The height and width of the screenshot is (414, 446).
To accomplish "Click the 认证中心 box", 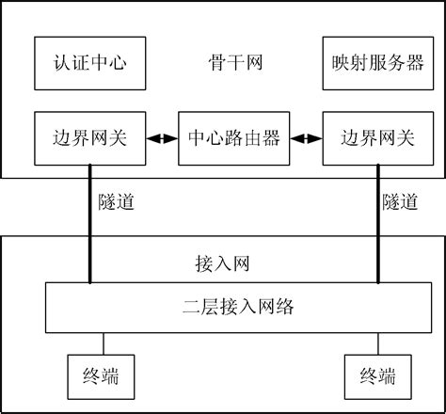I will click(x=90, y=63).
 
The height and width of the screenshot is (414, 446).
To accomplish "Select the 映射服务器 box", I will click(x=365, y=63).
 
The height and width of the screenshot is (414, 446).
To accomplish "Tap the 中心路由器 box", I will click(x=234, y=138).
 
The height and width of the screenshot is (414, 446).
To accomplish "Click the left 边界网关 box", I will click(x=90, y=137).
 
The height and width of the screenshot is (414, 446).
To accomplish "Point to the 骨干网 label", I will click(x=234, y=63).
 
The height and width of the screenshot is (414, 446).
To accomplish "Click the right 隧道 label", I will click(x=401, y=201).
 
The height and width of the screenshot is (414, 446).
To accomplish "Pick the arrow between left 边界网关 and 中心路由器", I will click(x=164, y=138).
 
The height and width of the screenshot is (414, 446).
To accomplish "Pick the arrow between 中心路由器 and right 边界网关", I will click(x=305, y=138).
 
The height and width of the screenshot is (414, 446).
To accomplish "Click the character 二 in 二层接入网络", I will click(x=188, y=307).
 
